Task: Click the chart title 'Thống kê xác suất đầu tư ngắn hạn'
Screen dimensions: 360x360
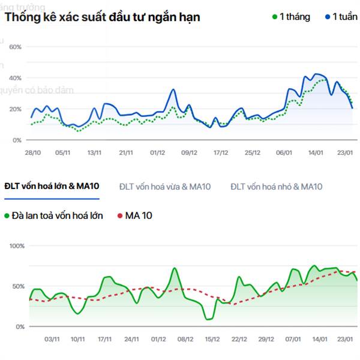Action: pyautogui.click(x=103, y=17)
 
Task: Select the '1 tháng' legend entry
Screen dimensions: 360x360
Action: pyautogui.click(x=290, y=17)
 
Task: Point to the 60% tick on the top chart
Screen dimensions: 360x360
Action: pyautogui.click(x=16, y=47)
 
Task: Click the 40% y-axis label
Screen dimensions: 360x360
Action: pyautogui.click(x=16, y=78)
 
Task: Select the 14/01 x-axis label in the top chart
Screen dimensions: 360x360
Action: pyautogui.click(x=316, y=153)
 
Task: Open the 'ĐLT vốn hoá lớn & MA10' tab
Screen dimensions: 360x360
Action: pyautogui.click(x=52, y=187)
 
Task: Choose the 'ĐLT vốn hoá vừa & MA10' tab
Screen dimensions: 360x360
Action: pyautogui.click(x=165, y=187)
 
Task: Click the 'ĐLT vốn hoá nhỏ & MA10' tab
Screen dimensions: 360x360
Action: pyautogui.click(x=277, y=187)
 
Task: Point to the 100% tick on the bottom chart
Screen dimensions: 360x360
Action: pyautogui.click(x=17, y=246)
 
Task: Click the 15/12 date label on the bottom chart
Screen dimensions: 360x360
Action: pyautogui.click(x=212, y=340)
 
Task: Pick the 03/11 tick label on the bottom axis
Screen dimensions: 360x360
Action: pyautogui.click(x=52, y=340)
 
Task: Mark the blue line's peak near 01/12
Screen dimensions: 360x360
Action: pyautogui.click(x=173, y=89)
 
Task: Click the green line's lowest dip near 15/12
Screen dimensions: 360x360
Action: pyautogui.click(x=208, y=319)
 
